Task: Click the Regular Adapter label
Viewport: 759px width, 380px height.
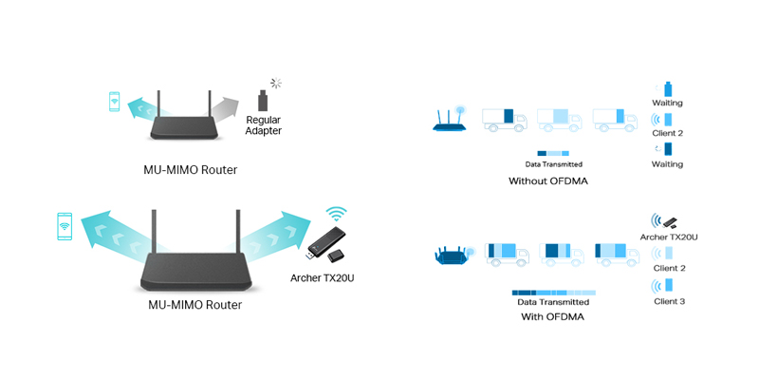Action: [264, 125]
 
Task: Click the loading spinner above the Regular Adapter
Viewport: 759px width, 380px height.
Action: [276, 83]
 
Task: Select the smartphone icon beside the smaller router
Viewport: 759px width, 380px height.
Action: [114, 102]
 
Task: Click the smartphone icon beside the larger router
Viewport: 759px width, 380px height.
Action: [65, 226]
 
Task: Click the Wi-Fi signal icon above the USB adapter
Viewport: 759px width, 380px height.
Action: [336, 213]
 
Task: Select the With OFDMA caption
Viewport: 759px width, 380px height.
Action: [552, 317]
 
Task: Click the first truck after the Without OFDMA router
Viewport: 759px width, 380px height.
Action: [505, 120]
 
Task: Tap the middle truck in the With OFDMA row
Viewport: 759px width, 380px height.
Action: [562, 254]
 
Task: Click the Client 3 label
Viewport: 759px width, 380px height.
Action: [670, 301]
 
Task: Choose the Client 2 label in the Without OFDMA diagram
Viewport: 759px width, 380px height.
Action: [668, 133]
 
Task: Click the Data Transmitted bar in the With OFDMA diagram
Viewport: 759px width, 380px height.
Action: [554, 293]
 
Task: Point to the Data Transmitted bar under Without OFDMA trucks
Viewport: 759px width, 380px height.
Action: [553, 153]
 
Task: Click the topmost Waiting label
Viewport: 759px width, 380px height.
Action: [667, 103]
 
